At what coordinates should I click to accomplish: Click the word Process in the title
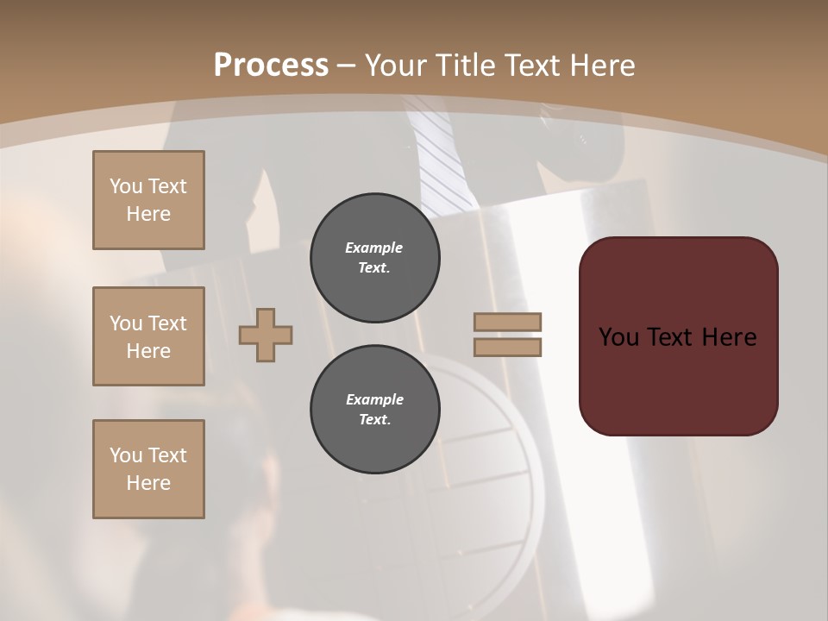click(x=271, y=65)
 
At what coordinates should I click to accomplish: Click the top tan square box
click(x=148, y=200)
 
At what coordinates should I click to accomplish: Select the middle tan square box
click(x=148, y=336)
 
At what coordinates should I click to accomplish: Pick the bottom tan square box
click(x=148, y=469)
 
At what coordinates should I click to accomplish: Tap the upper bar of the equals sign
click(x=508, y=322)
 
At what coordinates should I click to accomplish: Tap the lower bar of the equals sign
click(x=508, y=348)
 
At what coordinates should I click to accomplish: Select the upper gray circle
click(x=375, y=258)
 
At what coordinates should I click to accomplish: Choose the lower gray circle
click(x=375, y=410)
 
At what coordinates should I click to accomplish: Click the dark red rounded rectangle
click(x=678, y=336)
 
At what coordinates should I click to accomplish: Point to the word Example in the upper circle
click(x=374, y=248)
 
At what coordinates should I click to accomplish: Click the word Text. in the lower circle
click(x=374, y=420)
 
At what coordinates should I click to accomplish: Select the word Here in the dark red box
click(x=728, y=337)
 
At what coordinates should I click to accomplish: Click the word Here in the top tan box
click(x=148, y=214)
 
